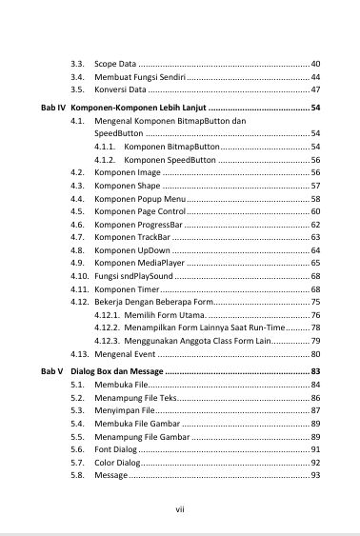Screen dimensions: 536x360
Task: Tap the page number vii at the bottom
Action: (x=179, y=509)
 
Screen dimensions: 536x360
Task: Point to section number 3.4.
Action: (x=78, y=76)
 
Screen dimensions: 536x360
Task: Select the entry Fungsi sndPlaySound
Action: (x=133, y=276)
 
